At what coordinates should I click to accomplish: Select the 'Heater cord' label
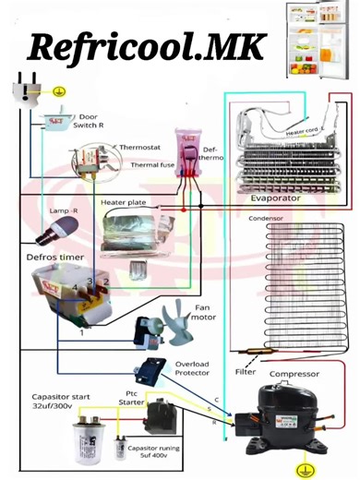click(x=301, y=132)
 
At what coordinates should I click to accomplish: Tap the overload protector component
click(x=148, y=371)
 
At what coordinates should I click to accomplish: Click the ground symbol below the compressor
click(x=300, y=469)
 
